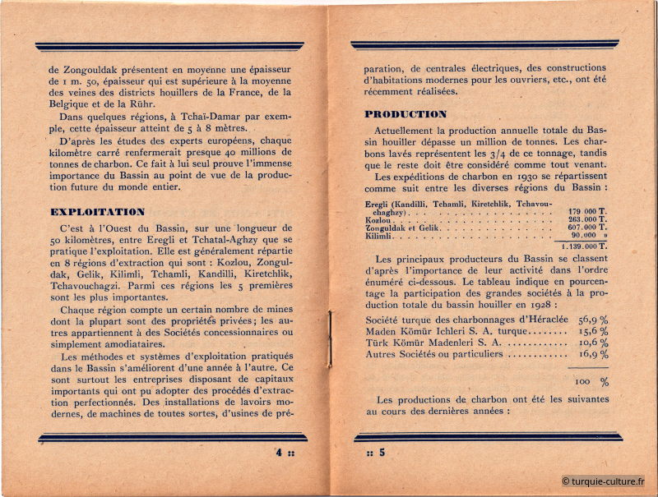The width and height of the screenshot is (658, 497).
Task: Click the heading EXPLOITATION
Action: pos(97,212)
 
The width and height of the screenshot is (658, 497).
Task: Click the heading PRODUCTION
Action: pos(405,114)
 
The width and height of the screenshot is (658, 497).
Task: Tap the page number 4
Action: pos(280,452)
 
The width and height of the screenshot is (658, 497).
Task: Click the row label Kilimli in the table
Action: pos(378,236)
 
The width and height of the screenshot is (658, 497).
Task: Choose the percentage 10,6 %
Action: pos(592,343)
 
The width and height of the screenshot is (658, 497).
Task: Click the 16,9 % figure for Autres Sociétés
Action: pos(592,355)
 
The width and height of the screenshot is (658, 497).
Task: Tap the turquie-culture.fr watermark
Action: pos(604,481)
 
